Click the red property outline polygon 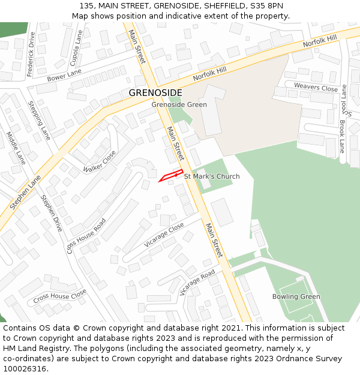pos(170,175)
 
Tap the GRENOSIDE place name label pos(155,92)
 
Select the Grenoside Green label pos(179,105)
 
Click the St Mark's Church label pos(211,176)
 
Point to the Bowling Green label pos(296,296)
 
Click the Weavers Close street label pos(316,87)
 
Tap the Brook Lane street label pos(342,136)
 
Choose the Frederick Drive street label pos(31,54)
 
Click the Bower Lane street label pos(64,75)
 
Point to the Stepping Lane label pos(39,120)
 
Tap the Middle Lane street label pos(16,148)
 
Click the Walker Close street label pos(100,160)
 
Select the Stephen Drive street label pos(51,212)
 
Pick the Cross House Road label pos(86,235)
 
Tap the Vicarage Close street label pos(164,235)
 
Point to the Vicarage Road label pos(197,283)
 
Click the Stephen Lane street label pos(25,192)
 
